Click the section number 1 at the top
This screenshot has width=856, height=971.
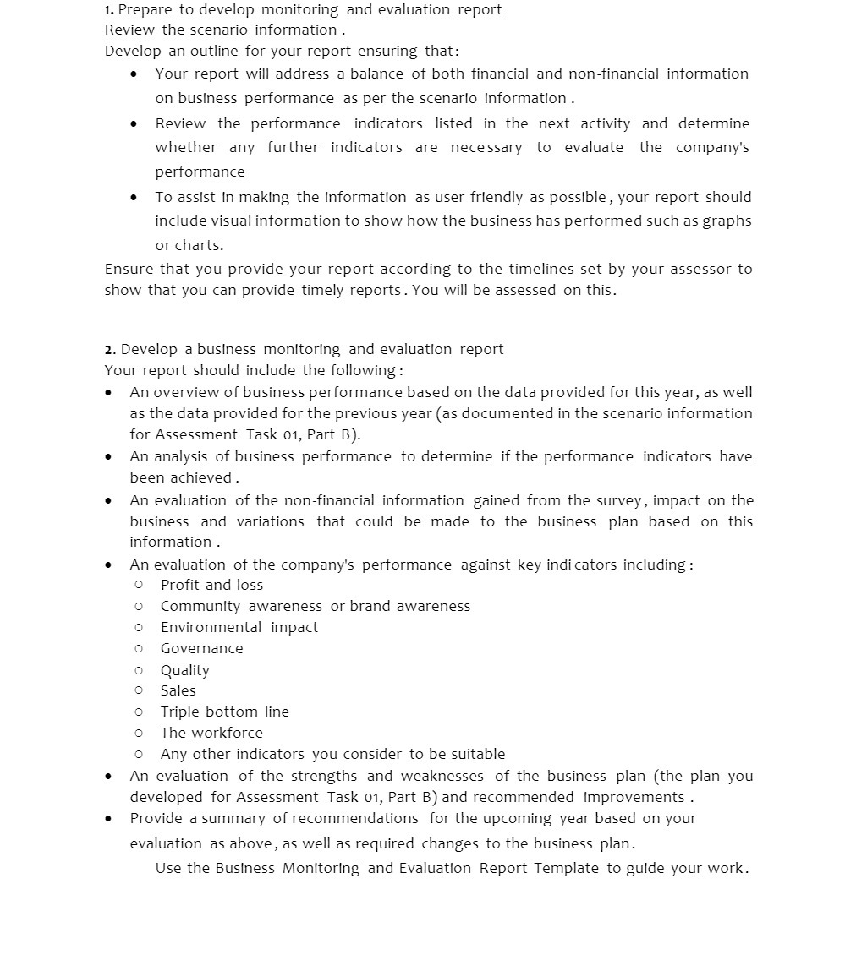coord(109,10)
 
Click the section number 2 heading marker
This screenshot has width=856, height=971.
coord(109,350)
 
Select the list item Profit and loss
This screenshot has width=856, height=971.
coord(211,585)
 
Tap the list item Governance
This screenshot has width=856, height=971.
coord(201,648)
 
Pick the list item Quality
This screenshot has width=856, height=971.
coord(184,670)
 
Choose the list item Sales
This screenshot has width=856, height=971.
coord(178,690)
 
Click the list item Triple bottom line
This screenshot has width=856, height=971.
coord(224,712)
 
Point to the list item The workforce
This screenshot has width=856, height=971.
coord(211,733)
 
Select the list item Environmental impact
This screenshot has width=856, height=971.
coord(239,627)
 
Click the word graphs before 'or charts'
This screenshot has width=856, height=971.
coord(727,221)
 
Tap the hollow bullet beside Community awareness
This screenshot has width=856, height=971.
coord(139,606)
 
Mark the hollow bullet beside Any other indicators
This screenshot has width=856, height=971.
coord(139,754)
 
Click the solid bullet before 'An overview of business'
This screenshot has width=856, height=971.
coord(108,393)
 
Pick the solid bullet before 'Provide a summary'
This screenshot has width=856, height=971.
coord(108,819)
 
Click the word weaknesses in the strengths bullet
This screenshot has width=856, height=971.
coord(442,776)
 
